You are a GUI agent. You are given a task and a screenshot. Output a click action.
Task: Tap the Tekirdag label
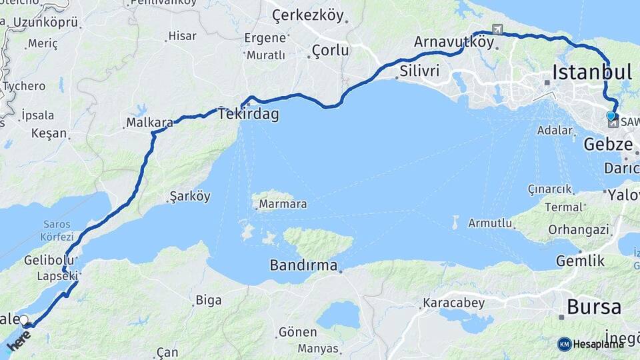click(x=248, y=114)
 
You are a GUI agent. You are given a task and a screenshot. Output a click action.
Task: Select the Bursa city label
click(x=594, y=307)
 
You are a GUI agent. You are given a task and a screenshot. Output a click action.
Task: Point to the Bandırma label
click(x=303, y=265)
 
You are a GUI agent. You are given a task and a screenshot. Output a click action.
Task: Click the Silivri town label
click(x=420, y=71)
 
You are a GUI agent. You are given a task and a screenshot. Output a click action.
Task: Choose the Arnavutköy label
click(x=454, y=42)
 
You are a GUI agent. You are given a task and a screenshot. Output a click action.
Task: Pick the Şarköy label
click(x=190, y=197)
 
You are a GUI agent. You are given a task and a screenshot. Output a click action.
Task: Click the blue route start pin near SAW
click(x=611, y=115)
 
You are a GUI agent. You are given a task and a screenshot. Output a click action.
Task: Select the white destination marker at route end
click(x=24, y=320)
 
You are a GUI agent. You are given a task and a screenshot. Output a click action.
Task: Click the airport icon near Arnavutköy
click(x=497, y=29)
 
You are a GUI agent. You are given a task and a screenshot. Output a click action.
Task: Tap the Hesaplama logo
click(x=591, y=344)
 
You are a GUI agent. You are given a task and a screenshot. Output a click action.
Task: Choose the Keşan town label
click(x=49, y=133)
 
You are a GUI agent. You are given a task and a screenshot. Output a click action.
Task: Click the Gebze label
click(x=608, y=145)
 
